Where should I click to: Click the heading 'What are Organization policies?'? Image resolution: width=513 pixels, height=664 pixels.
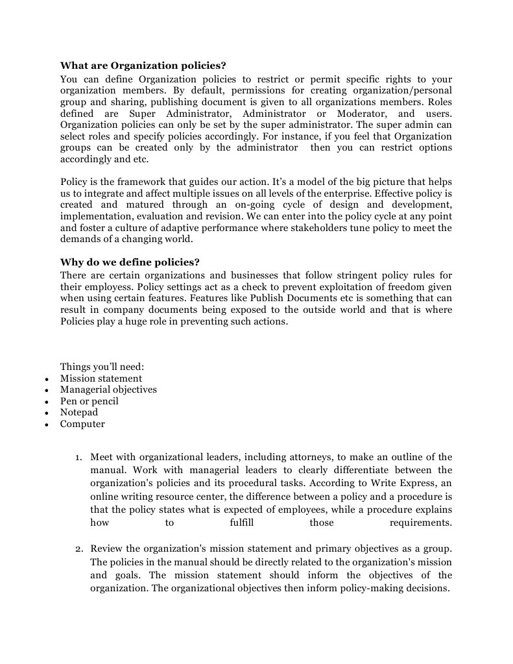point(143,66)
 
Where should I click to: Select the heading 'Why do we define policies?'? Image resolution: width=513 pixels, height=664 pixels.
point(130,262)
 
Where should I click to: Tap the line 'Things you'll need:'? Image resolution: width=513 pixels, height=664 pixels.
point(102,367)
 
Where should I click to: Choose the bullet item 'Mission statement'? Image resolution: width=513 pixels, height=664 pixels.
point(101,378)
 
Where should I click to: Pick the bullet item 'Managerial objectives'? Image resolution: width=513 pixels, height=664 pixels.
point(108,390)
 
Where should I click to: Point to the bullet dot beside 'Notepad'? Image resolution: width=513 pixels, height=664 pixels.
point(47,413)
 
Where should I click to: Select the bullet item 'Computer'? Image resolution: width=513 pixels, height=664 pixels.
point(82,424)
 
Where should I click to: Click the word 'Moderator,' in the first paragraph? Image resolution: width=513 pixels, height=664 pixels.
point(363,113)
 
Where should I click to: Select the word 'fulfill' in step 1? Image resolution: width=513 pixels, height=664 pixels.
point(242,523)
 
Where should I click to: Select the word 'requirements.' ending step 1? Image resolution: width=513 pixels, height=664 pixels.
point(420,523)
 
